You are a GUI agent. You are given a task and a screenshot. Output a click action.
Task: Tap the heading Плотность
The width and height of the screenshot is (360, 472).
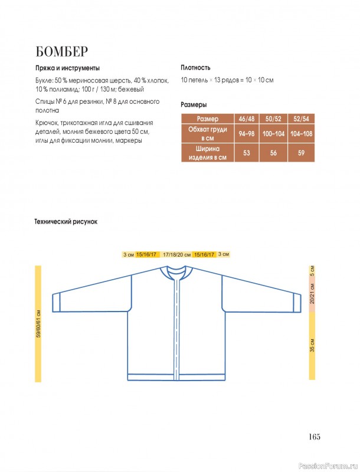pos(195,67)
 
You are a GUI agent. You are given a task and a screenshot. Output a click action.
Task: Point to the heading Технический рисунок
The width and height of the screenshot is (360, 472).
pos(66,222)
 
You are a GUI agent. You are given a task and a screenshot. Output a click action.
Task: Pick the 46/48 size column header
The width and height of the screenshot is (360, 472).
pos(246,119)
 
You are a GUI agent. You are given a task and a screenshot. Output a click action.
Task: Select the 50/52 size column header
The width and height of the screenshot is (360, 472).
pos(274,119)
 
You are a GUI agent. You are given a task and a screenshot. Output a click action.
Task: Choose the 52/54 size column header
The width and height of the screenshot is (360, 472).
pos(301,119)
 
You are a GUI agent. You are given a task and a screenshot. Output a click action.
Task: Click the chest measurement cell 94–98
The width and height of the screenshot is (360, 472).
pos(246,134)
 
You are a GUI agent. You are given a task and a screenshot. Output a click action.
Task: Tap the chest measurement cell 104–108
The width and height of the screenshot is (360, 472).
pos(301,134)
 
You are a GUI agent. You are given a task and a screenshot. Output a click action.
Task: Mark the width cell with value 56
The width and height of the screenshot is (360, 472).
pos(274,153)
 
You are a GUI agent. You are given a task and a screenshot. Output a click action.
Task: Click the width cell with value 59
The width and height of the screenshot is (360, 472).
pos(301,153)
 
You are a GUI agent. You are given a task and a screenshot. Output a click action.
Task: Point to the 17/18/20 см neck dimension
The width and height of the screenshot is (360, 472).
pos(176,254)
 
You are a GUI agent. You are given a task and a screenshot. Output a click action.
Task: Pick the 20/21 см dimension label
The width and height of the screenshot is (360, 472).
pos(312,293)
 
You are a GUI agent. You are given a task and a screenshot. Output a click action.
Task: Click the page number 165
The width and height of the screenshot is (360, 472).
pos(313,437)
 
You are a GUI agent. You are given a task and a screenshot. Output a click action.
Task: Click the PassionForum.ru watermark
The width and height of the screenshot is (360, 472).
pos(327,466)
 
